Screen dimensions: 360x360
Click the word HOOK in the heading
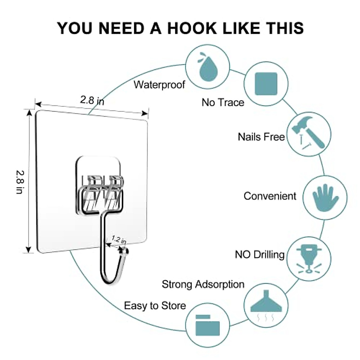point(192,28)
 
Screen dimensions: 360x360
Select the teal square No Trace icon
point(266,84)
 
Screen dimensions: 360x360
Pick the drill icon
point(309,259)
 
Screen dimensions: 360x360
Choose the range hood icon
point(266,304)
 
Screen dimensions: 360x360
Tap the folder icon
point(207,325)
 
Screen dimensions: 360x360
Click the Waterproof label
point(160,85)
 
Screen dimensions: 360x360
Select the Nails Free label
point(261,137)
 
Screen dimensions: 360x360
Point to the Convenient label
point(270,196)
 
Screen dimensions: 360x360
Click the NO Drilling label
point(259,254)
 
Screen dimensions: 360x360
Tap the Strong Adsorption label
point(203,284)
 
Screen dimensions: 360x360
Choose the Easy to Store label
point(155,306)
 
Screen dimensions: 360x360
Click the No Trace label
point(223,102)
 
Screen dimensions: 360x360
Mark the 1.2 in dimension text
point(119,239)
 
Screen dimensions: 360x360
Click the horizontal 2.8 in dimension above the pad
point(92,100)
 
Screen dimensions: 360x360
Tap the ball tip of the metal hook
point(124,251)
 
